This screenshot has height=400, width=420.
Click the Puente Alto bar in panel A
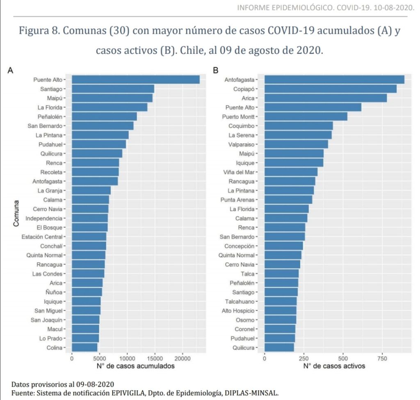tap(135, 80)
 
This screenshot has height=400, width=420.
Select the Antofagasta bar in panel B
tap(334, 80)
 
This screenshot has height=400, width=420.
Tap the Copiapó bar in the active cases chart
tap(330, 89)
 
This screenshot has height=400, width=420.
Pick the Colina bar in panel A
tap(84, 348)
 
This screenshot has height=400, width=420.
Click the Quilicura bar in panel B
tap(279, 348)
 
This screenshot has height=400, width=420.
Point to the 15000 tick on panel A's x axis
tap(155, 358)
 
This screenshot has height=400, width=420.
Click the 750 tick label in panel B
tap(382, 358)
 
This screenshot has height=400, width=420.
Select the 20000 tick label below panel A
tap(183, 358)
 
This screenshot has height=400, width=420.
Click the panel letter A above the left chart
tap(11, 71)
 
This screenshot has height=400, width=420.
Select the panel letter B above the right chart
tap(216, 71)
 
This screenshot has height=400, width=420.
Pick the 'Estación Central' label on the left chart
tap(42, 237)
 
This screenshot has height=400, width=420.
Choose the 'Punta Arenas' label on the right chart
tap(237, 200)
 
